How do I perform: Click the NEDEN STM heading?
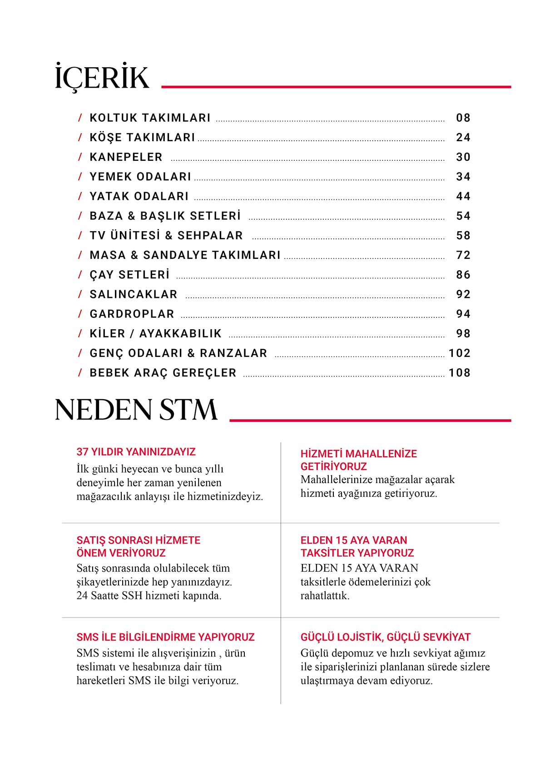click(136, 410)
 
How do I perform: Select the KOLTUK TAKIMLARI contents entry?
click(150, 118)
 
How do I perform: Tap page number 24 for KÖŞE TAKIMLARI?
click(463, 138)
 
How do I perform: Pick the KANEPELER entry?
click(126, 157)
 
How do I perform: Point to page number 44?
click(463, 197)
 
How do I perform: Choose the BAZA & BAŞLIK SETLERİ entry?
click(165, 216)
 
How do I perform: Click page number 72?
click(463, 255)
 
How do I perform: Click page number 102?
click(460, 353)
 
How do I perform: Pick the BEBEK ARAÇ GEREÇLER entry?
click(163, 373)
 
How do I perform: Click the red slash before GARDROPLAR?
click(80, 314)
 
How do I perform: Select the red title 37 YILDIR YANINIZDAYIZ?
click(136, 452)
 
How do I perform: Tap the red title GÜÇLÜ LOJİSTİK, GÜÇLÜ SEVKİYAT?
click(385, 637)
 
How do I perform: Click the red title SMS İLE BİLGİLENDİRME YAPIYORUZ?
click(165, 637)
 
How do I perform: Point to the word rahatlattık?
click(325, 596)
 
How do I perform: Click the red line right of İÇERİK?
click(336, 86)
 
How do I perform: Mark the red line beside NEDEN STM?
click(370, 420)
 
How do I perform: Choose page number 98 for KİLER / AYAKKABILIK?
click(463, 334)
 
